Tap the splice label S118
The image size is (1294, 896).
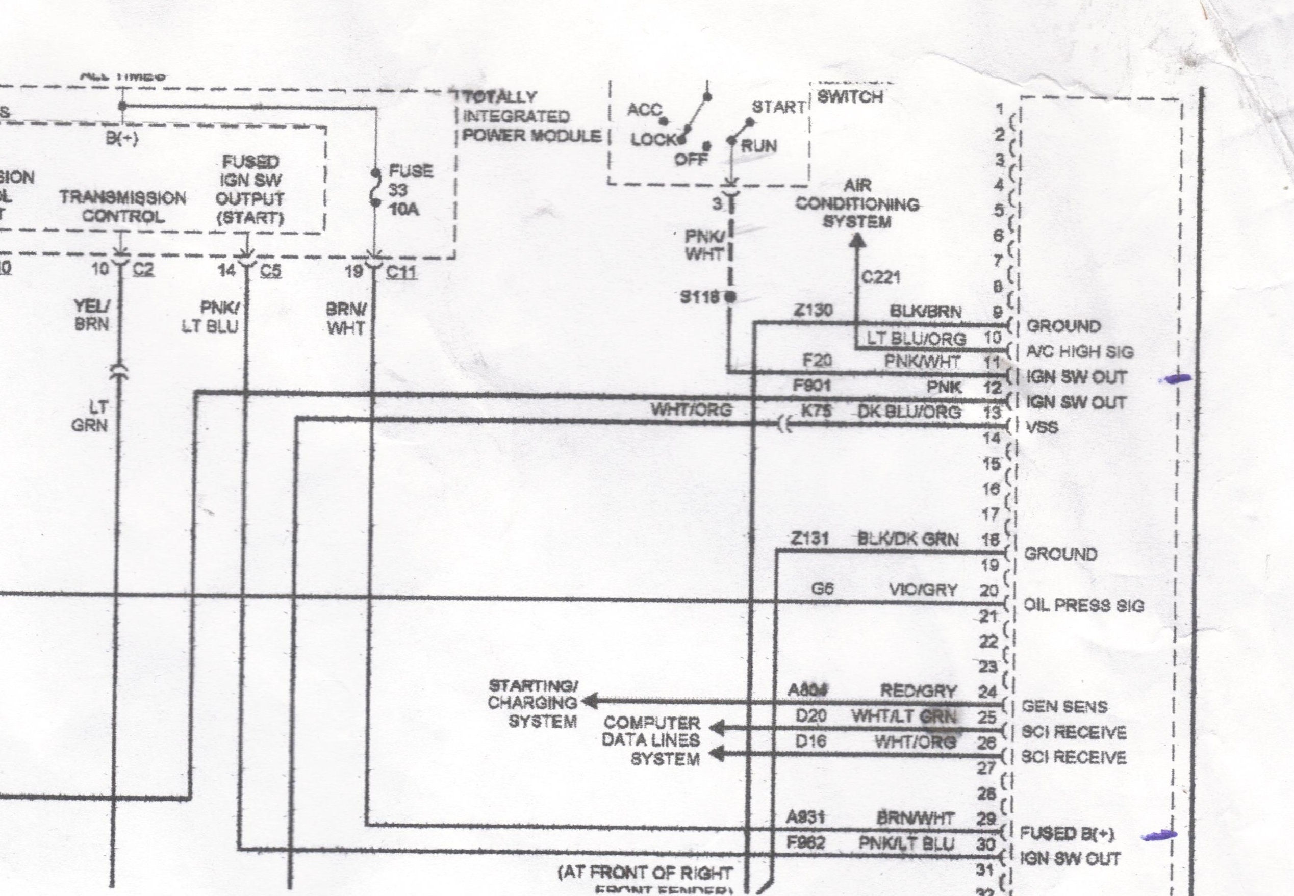(x=699, y=297)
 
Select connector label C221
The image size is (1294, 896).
(x=881, y=277)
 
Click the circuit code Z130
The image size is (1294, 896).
(x=813, y=311)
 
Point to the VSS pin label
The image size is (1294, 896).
(x=1042, y=428)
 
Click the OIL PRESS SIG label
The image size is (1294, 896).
(x=1083, y=606)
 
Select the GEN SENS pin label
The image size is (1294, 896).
(x=1064, y=707)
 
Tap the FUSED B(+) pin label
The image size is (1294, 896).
(x=1067, y=834)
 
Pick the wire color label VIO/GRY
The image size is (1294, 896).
(x=922, y=590)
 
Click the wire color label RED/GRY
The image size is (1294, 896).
(x=917, y=691)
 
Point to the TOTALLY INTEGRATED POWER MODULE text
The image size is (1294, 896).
(x=530, y=117)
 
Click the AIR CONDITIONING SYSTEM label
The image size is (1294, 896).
(x=857, y=204)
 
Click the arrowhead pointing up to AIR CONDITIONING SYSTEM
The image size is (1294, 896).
(x=857, y=240)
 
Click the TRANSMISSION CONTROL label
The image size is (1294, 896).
(x=123, y=207)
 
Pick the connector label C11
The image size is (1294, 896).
(x=401, y=272)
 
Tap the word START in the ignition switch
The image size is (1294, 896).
(x=778, y=107)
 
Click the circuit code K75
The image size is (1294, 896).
(x=816, y=411)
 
